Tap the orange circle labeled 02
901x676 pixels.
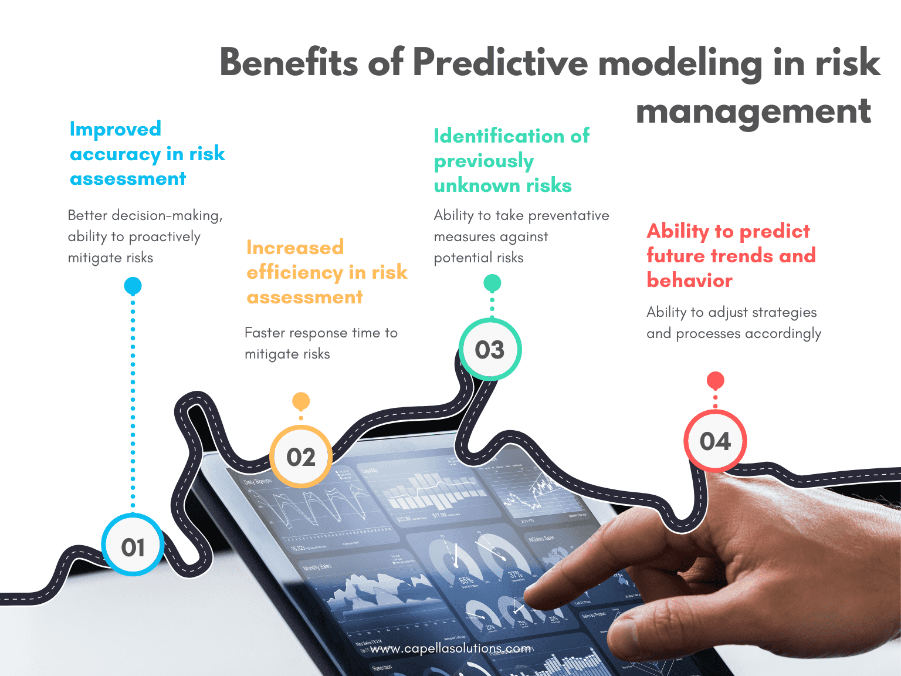301,457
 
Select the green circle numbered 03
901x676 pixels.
490,350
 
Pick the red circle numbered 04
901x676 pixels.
715,441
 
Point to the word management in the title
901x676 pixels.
753,111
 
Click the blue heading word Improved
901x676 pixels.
116,129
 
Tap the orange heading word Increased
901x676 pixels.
295,248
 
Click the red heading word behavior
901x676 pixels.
690,280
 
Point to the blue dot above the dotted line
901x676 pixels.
133,286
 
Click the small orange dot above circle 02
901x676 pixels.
301,401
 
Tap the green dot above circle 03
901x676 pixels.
492,283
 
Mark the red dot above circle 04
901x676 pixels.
715,380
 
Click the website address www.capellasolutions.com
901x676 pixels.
450,648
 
